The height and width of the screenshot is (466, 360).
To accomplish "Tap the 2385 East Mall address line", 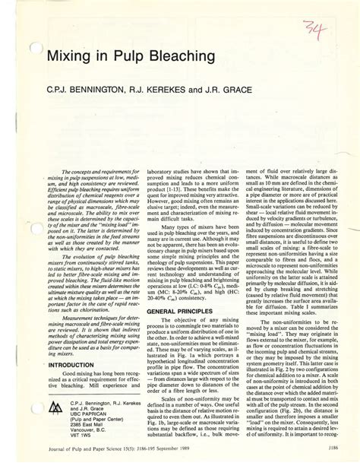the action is pos(89,424).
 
